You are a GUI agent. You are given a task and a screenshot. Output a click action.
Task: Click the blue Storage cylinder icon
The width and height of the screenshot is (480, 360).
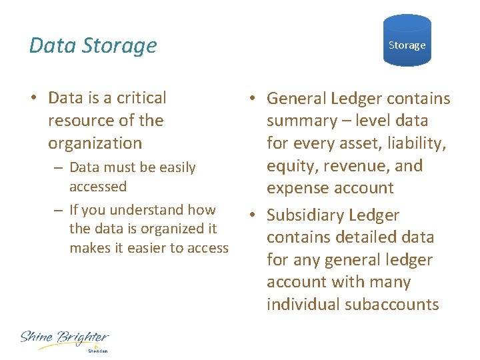pyautogui.click(x=407, y=41)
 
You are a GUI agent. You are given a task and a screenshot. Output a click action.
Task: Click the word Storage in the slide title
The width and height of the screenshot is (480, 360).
pyautogui.click(x=120, y=45)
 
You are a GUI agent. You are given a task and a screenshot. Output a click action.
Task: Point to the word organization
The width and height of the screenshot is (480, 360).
pyautogui.click(x=95, y=143)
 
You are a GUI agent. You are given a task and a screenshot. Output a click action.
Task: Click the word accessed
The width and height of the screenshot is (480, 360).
pyautogui.click(x=97, y=187)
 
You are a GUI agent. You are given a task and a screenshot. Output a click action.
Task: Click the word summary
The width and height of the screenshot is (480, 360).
pyautogui.click(x=302, y=121)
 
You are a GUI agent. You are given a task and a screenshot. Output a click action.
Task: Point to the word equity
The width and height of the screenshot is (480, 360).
pyautogui.click(x=292, y=166)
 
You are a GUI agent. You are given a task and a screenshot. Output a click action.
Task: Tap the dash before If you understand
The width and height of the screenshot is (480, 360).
pyautogui.click(x=59, y=211)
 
